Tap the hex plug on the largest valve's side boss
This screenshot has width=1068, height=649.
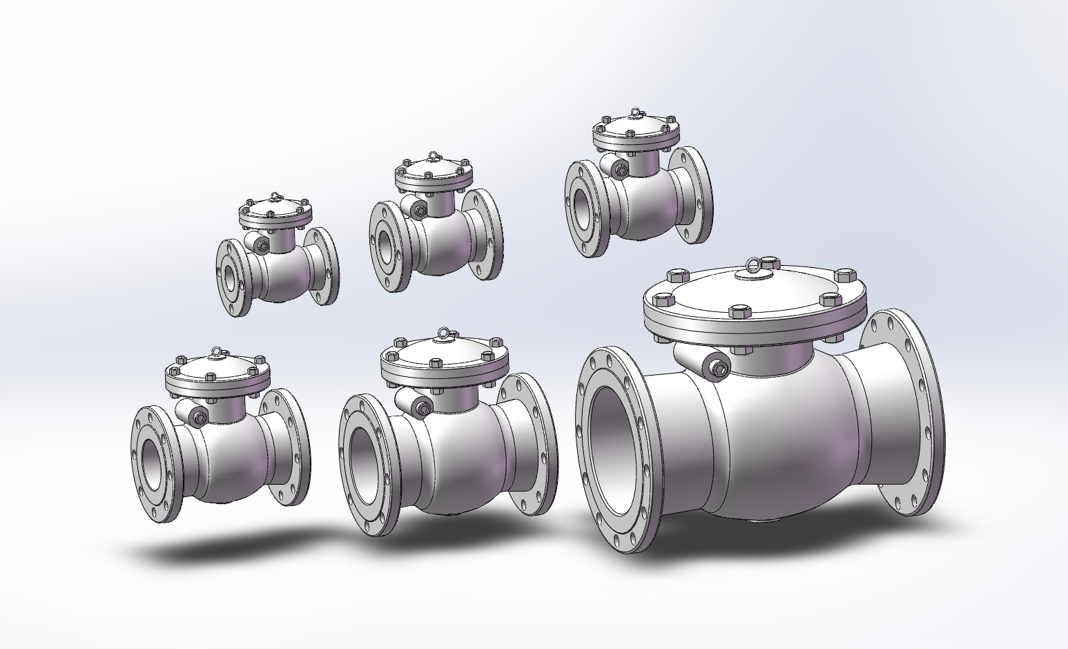pos(719,369)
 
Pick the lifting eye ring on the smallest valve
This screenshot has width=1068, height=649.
pos(275,197)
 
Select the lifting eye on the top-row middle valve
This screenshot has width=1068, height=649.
pos(433,155)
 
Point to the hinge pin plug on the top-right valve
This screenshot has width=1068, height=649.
pos(621,169)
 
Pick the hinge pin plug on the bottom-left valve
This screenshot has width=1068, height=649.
pos(199,416)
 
